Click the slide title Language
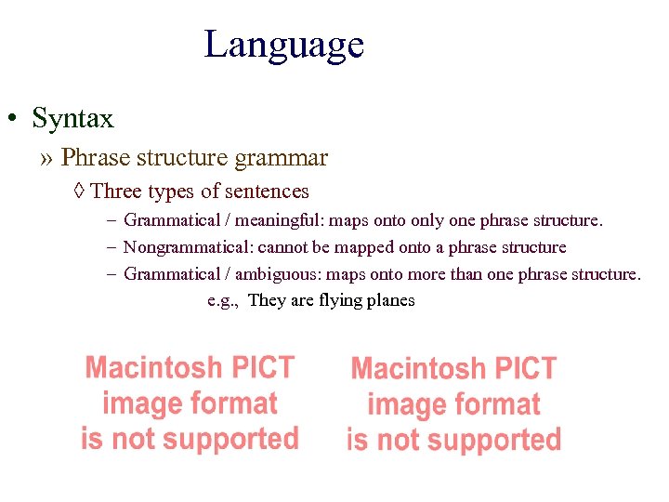coord(283,45)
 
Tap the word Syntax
coord(72,119)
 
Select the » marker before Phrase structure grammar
coord(47,158)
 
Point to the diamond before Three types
coord(79,192)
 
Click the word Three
coord(115,192)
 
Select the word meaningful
coord(279,221)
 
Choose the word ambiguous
coord(277,274)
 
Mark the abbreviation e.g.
coord(223,301)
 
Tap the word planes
coord(393,300)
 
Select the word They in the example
coord(269,300)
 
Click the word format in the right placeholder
coord(496,405)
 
